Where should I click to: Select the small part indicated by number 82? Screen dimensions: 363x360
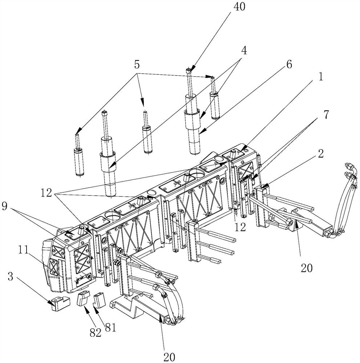click(83, 299)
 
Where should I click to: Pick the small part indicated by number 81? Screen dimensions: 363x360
click(99, 300)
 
